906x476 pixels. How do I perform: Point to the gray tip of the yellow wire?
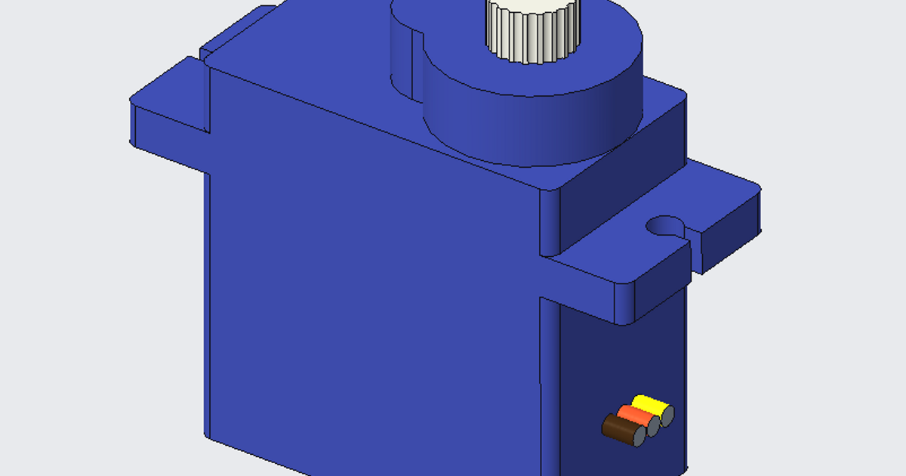(667, 414)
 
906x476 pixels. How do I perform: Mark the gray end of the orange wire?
(653, 425)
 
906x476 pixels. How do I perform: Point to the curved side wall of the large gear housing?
(528, 128)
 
